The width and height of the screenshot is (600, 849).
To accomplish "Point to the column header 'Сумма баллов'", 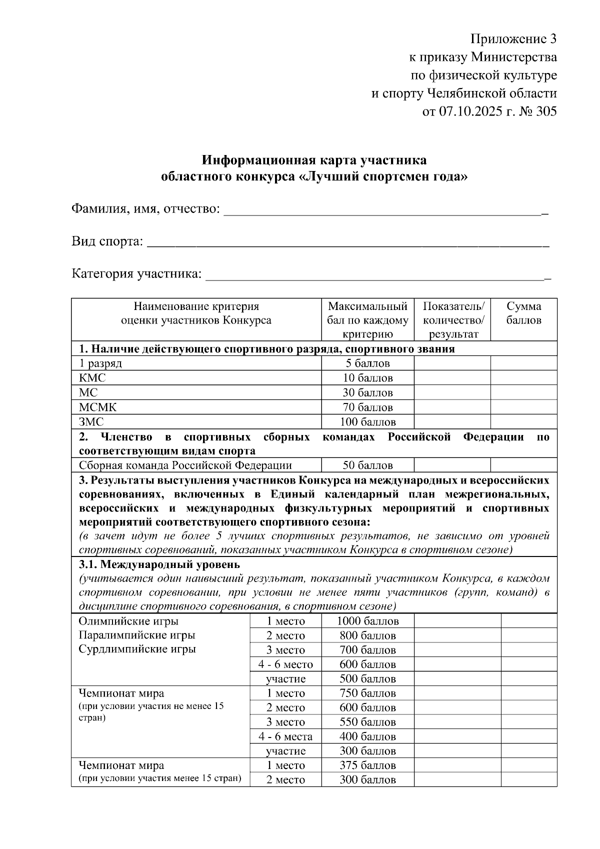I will coord(523,313).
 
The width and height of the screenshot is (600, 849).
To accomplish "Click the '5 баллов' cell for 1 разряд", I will coord(367,363).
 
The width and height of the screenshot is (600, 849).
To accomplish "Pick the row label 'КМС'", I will coord(92,378).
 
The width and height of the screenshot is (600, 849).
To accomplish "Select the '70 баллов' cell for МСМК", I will coord(367,407).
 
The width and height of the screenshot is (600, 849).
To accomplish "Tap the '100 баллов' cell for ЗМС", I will coord(367,422).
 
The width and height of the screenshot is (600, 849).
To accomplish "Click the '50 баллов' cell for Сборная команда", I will coord(367,465).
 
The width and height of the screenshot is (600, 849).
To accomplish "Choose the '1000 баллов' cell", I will coord(367,621).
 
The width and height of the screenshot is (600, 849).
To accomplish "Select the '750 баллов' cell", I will coord(367,693).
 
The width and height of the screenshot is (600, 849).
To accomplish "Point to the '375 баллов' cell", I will coord(367,765).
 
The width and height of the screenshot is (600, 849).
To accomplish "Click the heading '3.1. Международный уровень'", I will coord(159,564).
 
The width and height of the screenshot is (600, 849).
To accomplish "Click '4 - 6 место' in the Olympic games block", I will coord(285,664).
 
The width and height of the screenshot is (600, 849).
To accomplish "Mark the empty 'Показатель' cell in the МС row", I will coord(452,392).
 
